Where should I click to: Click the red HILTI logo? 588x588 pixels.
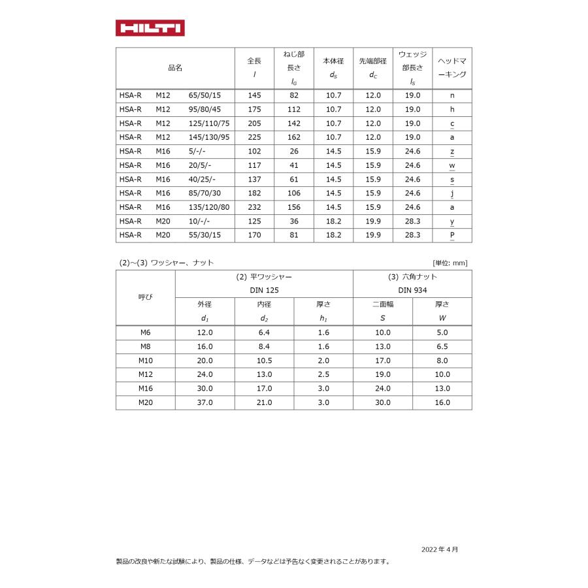point(150,28)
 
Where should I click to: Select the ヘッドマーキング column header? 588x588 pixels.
point(451,68)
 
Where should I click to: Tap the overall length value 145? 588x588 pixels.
point(254,95)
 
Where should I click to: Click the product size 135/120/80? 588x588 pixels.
point(209,207)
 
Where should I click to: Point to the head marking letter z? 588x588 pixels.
point(452,151)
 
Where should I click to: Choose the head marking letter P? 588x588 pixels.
point(452,235)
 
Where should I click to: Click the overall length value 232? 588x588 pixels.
point(254,207)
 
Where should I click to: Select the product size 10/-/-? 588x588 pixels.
point(199,221)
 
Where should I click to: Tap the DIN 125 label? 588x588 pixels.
point(264,289)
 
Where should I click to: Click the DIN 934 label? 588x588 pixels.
point(412,289)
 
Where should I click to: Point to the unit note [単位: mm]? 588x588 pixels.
point(450,263)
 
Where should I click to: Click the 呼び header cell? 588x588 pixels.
point(145,297)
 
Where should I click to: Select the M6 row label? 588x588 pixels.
point(145,333)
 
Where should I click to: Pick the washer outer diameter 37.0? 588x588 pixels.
point(204,402)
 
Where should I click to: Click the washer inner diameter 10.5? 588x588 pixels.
point(264,361)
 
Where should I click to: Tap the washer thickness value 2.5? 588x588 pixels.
point(323,374)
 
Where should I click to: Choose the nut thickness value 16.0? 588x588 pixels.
point(442,402)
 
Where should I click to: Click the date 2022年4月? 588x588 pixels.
point(440,549)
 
